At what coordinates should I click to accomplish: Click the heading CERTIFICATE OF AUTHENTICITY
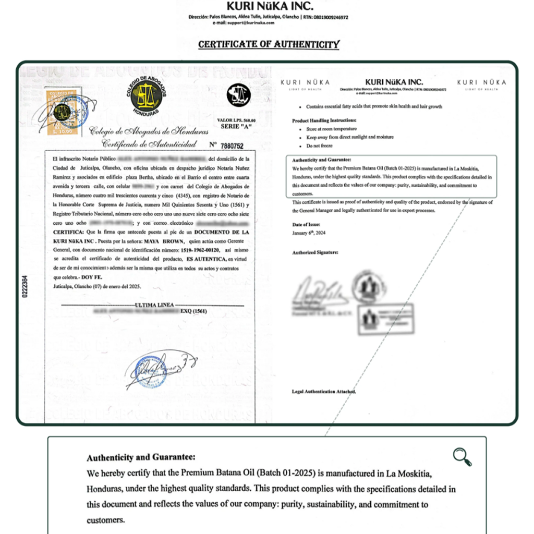(x=269, y=44)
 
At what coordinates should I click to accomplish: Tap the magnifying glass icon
(x=462, y=457)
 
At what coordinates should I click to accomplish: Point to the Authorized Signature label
(x=315, y=252)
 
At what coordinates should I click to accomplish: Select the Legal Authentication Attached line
(x=324, y=391)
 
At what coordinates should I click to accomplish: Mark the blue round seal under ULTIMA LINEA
(x=152, y=371)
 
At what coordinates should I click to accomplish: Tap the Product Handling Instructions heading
(x=324, y=120)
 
